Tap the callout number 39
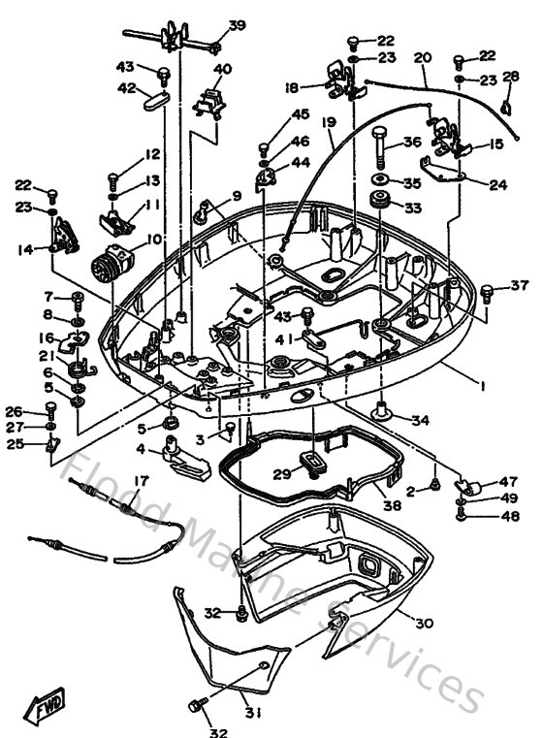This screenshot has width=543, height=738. pyautogui.click(x=237, y=25)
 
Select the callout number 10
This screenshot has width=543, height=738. pyautogui.click(x=154, y=239)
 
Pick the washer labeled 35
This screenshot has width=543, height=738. pyautogui.click(x=381, y=181)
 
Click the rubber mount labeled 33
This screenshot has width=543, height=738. pyautogui.click(x=381, y=207)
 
